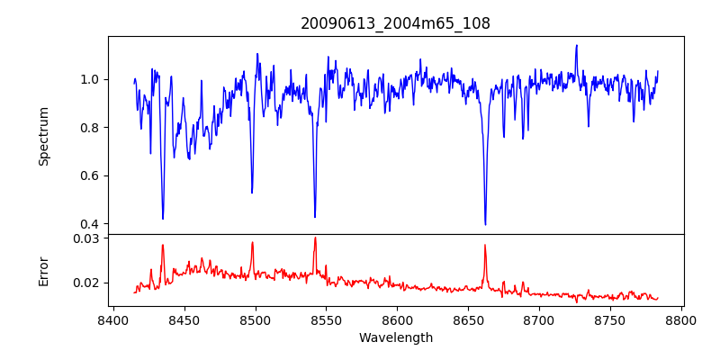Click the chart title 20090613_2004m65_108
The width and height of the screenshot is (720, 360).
tap(395, 23)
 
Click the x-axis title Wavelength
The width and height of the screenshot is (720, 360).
tap(395, 338)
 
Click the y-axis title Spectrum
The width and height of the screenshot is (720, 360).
tap(43, 136)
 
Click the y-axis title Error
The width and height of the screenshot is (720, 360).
tap(43, 270)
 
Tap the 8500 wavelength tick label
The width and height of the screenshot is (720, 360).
tap(255, 319)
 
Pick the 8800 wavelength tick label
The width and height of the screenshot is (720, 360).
tap(681, 319)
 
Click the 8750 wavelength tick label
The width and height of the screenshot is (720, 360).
tap(610, 319)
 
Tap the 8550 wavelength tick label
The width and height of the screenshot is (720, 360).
tap(326, 319)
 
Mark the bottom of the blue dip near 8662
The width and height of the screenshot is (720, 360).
tap(485, 224)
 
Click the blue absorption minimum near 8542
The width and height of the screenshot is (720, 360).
tap(315, 217)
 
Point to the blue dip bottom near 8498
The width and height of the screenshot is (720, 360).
tap(252, 193)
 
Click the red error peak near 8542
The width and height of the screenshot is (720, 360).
tap(315, 238)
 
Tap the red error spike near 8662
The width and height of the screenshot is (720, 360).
tap(485, 245)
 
